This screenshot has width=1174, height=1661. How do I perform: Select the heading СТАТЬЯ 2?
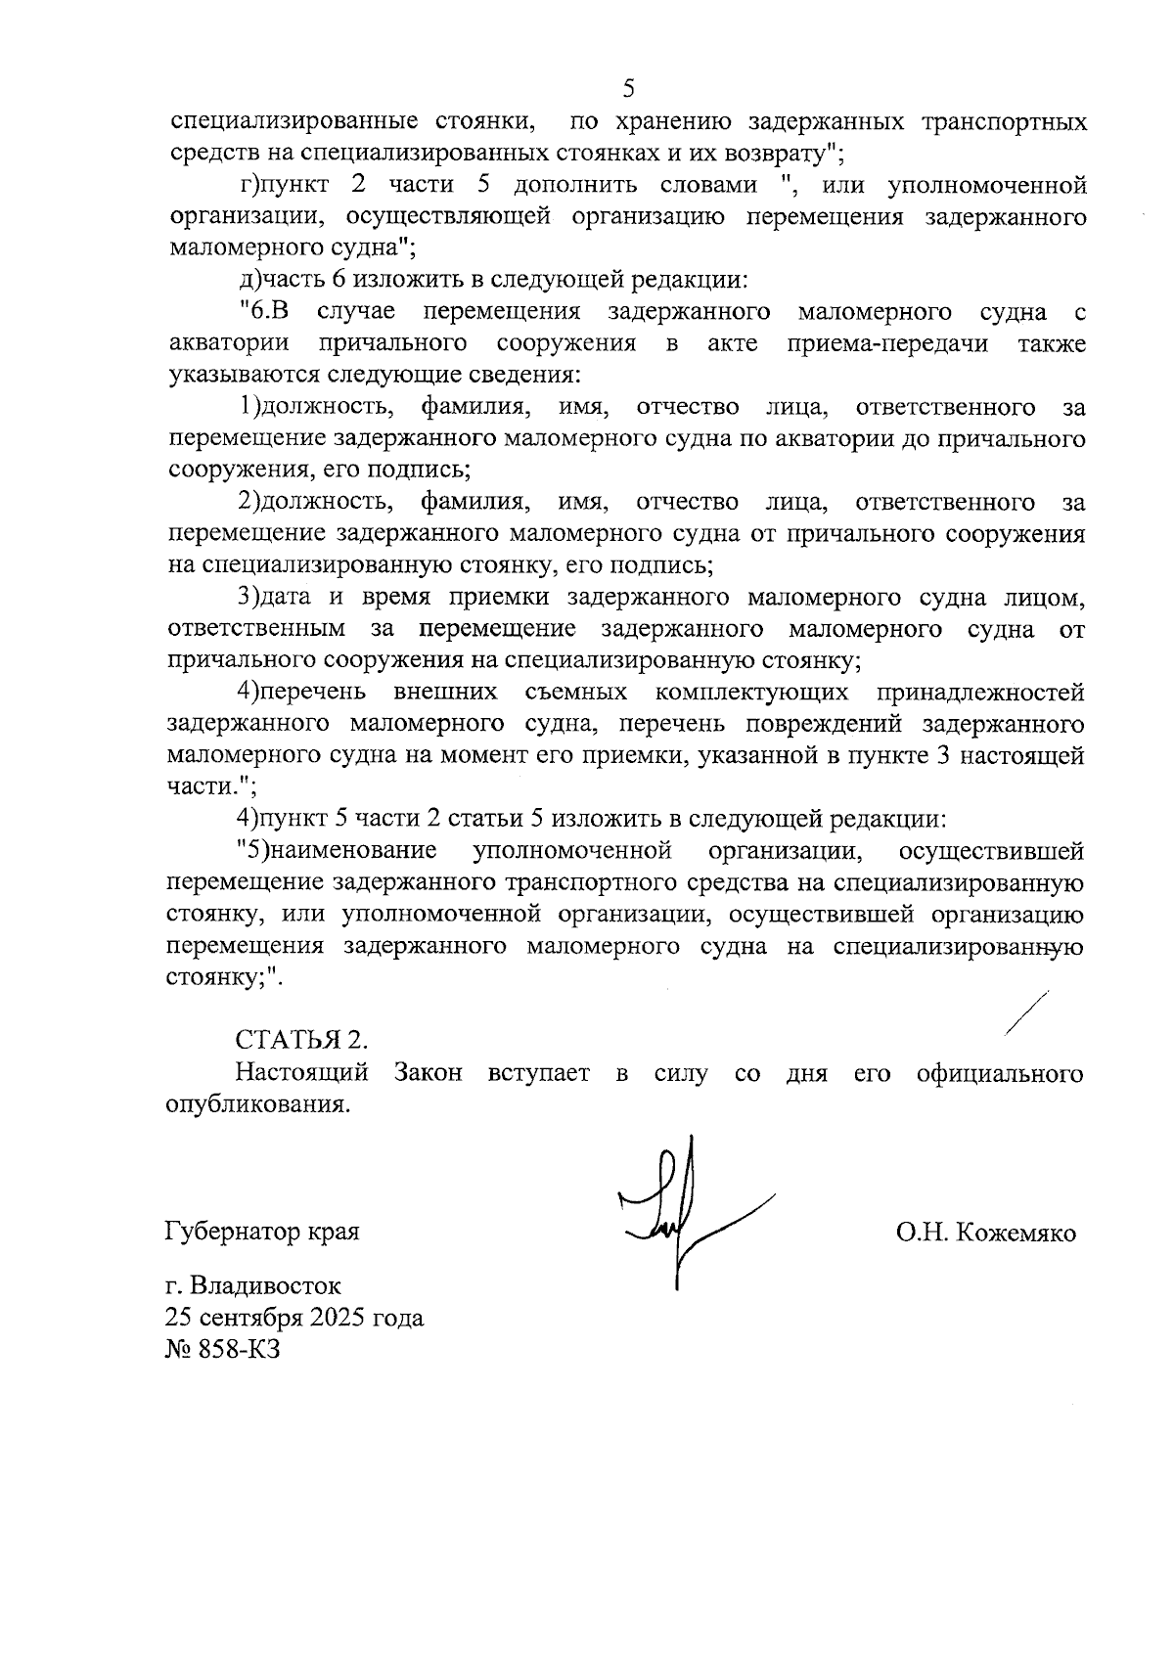pos(302,1039)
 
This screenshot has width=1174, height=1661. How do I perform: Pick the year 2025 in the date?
pos(339,1318)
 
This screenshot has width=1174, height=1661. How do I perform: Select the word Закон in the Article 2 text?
pos(428,1073)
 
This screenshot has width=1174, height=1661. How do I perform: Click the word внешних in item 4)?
pos(445,693)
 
